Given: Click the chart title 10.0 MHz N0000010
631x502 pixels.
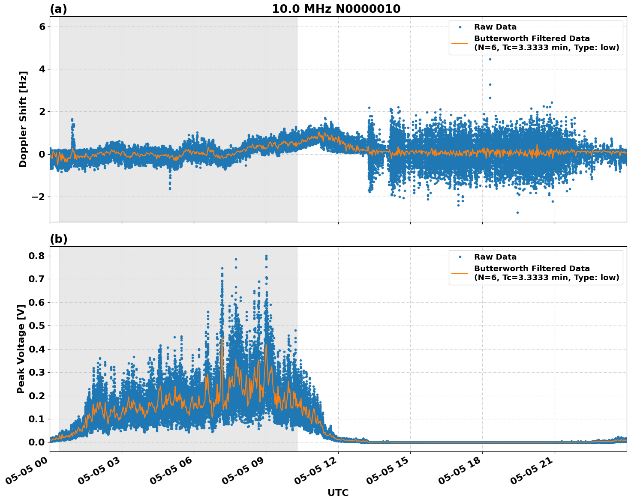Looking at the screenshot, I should [x=336, y=9].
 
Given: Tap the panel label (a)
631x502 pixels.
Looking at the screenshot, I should [x=58, y=9].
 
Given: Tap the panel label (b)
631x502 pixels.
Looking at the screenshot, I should [x=58, y=239].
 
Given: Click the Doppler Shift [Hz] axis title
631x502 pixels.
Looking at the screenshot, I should [x=23, y=119].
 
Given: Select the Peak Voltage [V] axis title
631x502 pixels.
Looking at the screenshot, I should [x=21, y=349].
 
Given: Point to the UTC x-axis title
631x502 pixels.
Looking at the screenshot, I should [x=338, y=493].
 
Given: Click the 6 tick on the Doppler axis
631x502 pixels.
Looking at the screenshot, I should [x=42, y=27].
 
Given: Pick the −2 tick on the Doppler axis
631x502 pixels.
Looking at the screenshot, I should [x=39, y=197].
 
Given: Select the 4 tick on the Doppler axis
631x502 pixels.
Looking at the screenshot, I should [x=42, y=69].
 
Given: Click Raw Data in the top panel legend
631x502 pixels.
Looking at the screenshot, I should [x=495, y=27].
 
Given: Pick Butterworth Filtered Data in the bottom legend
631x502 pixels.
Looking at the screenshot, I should [x=532, y=269].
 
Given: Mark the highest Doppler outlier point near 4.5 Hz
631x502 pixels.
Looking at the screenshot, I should [x=490, y=59].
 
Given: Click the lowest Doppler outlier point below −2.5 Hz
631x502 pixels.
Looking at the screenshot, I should [x=517, y=212].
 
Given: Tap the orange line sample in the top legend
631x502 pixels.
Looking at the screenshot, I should [x=460, y=43].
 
